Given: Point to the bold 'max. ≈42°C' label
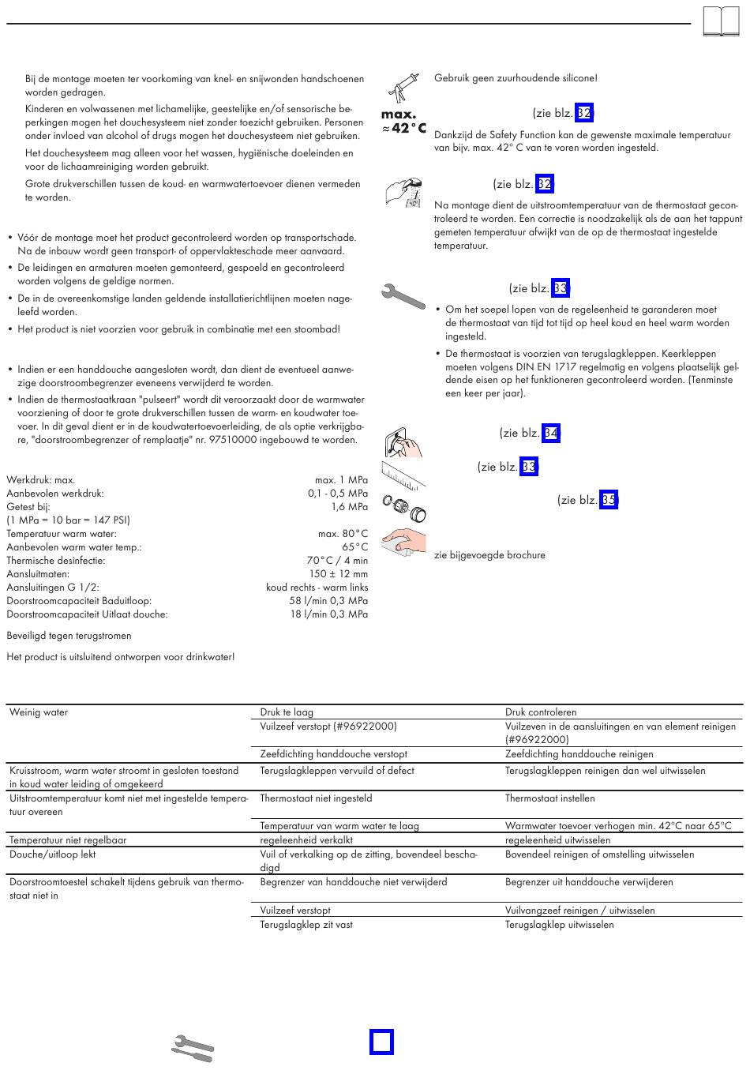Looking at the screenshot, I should (403, 122).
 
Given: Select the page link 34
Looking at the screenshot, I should (551, 433).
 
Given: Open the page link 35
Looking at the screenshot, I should (608, 500).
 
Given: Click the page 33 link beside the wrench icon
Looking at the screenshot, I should (561, 288).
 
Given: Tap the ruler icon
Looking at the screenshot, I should (403, 474).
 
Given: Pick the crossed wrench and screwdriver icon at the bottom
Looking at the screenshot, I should (193, 1046).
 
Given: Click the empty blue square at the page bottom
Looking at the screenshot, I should (381, 1042).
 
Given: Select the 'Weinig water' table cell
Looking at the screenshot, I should (39, 712).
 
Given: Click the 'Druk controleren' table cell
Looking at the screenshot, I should (541, 712).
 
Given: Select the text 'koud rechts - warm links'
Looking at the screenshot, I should (317, 588).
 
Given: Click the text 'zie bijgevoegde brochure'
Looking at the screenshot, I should (489, 555).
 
